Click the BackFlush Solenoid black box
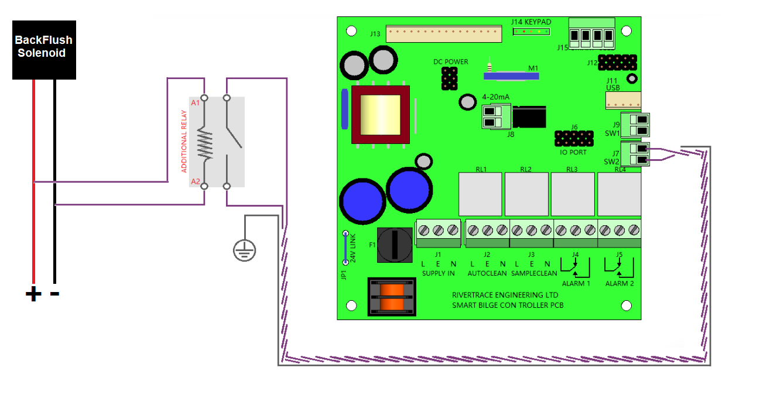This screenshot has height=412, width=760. tap(44, 50)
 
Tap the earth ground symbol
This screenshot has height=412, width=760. tap(244, 250)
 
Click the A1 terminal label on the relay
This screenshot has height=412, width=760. tap(196, 103)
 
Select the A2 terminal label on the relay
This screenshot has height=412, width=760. tap(196, 181)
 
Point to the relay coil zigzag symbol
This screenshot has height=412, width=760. tap(204, 144)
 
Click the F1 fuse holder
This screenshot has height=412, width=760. tap(393, 244)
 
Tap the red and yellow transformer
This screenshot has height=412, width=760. tap(379, 115)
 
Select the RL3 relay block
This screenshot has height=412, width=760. tap(572, 194)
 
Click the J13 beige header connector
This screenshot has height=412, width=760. tap(443, 35)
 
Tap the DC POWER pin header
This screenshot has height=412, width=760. tap(449, 78)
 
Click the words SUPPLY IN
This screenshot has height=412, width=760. tap(438, 273)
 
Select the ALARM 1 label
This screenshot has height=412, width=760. tap(576, 283)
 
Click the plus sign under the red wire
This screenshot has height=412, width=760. tap(33, 293)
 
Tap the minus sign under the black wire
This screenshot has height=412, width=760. tap(54, 293)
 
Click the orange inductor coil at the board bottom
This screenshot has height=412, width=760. tap(392, 296)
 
